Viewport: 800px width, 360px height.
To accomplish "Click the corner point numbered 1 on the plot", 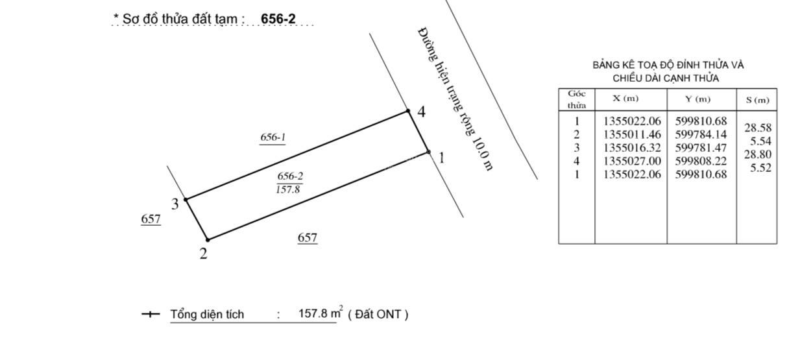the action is click(x=429, y=152).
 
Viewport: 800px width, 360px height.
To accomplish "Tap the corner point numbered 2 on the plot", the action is click(x=208, y=239).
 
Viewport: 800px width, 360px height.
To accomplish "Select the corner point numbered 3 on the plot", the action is click(x=186, y=199).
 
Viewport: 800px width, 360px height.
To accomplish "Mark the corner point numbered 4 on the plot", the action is click(x=408, y=111).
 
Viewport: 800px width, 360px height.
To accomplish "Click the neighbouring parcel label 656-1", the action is click(x=273, y=137).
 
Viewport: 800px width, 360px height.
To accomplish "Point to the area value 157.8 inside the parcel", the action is click(x=288, y=189).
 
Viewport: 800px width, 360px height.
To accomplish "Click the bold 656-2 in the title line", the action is click(x=278, y=19).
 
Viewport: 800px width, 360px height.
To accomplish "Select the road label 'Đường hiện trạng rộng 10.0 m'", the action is click(x=455, y=99).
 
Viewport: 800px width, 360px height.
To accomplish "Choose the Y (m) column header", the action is click(x=698, y=99).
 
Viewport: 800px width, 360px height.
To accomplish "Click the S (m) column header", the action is click(x=757, y=100).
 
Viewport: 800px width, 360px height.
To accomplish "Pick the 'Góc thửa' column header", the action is click(x=577, y=99).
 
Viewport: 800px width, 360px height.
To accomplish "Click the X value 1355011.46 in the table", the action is click(x=632, y=135).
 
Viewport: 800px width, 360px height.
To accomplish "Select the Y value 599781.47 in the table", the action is click(x=701, y=148).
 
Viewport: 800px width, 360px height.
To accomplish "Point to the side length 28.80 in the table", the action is click(x=758, y=154).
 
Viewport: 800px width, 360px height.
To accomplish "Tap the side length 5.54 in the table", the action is click(x=760, y=141).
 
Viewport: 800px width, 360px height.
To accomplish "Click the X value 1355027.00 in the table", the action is click(x=632, y=161).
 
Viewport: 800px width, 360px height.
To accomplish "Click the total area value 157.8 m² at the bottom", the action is click(x=321, y=313).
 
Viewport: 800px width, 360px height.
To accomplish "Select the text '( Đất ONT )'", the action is click(x=378, y=315).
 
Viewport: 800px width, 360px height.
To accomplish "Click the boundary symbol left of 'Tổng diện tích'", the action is click(x=151, y=315).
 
